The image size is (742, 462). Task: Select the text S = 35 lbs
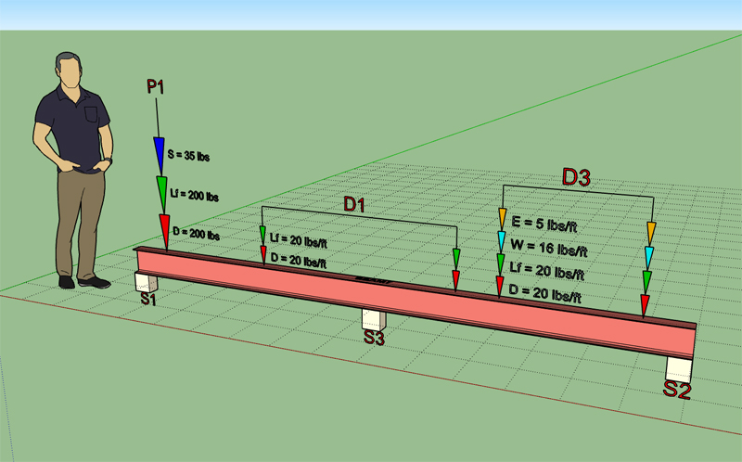tap(188, 157)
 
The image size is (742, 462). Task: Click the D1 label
tap(354, 205)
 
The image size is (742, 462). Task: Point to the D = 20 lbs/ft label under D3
tap(548, 296)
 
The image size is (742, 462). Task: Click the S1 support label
tap(148, 299)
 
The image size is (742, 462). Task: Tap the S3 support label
tap(374, 339)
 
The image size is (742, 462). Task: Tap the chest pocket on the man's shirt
tap(91, 114)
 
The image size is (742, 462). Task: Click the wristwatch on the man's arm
tap(109, 160)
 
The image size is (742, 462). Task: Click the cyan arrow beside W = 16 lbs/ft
tap(501, 243)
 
